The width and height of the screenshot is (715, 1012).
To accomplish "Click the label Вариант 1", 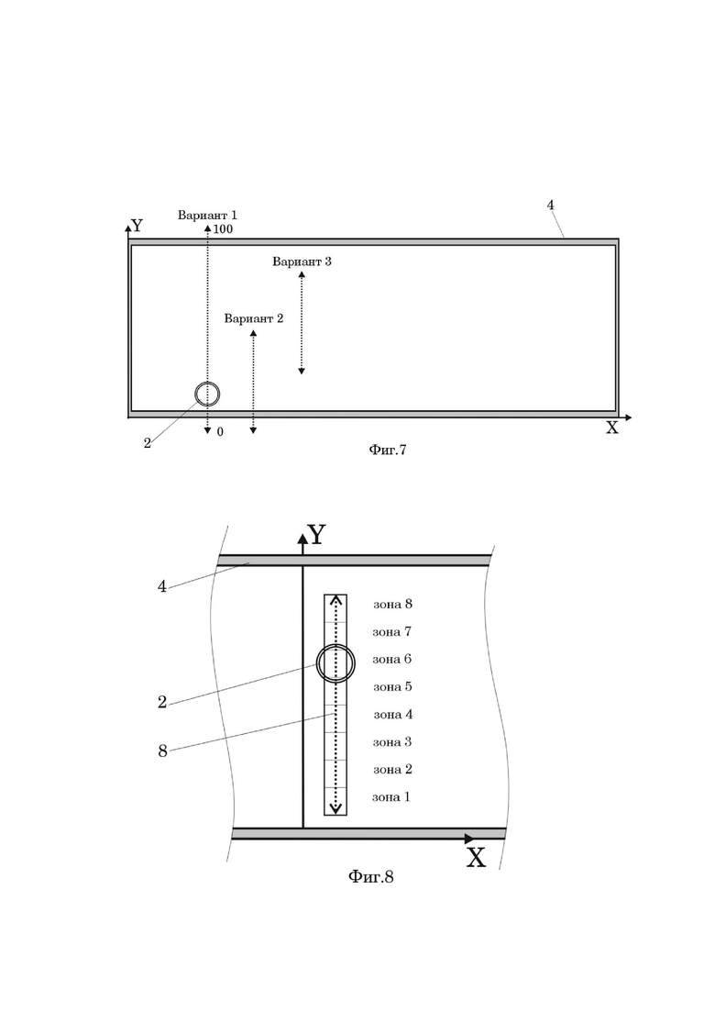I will click(207, 215).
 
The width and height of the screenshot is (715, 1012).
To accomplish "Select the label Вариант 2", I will click(253, 318).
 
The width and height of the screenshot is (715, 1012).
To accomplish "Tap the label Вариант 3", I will click(302, 261).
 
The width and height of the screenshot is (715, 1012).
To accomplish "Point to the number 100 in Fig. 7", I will click(223, 229).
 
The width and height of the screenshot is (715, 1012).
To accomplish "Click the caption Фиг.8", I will click(370, 876).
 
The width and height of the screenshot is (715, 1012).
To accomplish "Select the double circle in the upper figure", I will click(207, 394).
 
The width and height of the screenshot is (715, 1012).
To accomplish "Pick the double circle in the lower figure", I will click(335, 662).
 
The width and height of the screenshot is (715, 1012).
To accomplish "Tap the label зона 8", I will click(392, 604).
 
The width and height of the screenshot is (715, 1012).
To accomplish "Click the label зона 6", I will click(392, 659).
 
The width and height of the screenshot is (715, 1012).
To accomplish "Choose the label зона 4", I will click(392, 714).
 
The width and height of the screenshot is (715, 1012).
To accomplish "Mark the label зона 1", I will click(391, 796).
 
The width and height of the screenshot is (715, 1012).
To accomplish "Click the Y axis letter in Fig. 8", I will click(316, 535).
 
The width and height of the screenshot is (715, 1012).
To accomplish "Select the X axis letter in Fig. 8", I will click(476, 859).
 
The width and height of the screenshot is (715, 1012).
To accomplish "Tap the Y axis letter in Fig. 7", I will click(137, 226).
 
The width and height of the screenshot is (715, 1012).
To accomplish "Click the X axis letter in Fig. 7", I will click(611, 428).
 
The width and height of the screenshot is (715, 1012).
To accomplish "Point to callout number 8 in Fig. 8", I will click(162, 751).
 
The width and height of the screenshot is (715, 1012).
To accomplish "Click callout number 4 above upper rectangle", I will click(550, 206).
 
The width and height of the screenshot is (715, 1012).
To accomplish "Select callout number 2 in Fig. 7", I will click(147, 444).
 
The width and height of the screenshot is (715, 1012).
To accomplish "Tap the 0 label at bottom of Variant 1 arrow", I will click(220, 431).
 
